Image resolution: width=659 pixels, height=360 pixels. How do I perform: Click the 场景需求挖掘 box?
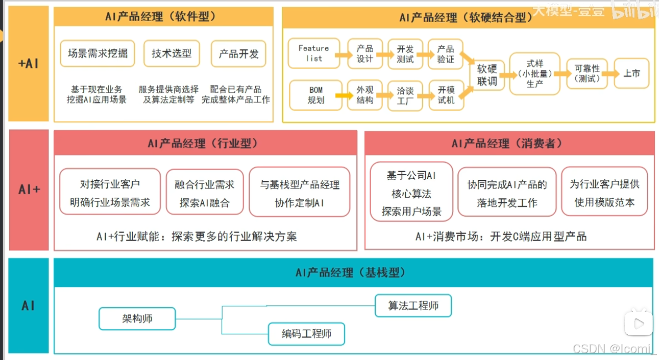tap(97, 54)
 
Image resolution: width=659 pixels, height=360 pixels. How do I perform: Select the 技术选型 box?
tap(172, 54)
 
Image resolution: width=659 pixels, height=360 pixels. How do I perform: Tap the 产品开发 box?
tap(238, 54)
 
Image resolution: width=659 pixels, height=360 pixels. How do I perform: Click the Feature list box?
tap(314, 53)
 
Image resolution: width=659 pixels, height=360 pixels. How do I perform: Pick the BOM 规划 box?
tap(316, 95)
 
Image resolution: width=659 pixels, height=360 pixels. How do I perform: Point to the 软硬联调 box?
tap(487, 75)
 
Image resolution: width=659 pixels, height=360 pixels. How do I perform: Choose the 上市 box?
tap(632, 74)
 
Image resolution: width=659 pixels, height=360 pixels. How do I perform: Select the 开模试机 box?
tap(446, 95)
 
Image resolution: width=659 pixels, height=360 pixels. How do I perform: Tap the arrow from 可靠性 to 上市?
tap(611, 74)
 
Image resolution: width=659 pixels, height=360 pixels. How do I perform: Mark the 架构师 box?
tap(137, 318)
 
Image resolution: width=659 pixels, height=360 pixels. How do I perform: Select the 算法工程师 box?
tap(413, 306)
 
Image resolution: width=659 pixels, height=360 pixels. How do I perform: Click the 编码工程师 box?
tap(306, 334)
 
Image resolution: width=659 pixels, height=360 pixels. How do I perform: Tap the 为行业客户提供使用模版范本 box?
tap(604, 192)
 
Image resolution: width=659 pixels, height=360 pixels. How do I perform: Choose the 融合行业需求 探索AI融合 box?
tap(205, 192)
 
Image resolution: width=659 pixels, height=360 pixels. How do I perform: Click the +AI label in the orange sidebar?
tap(28, 64)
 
